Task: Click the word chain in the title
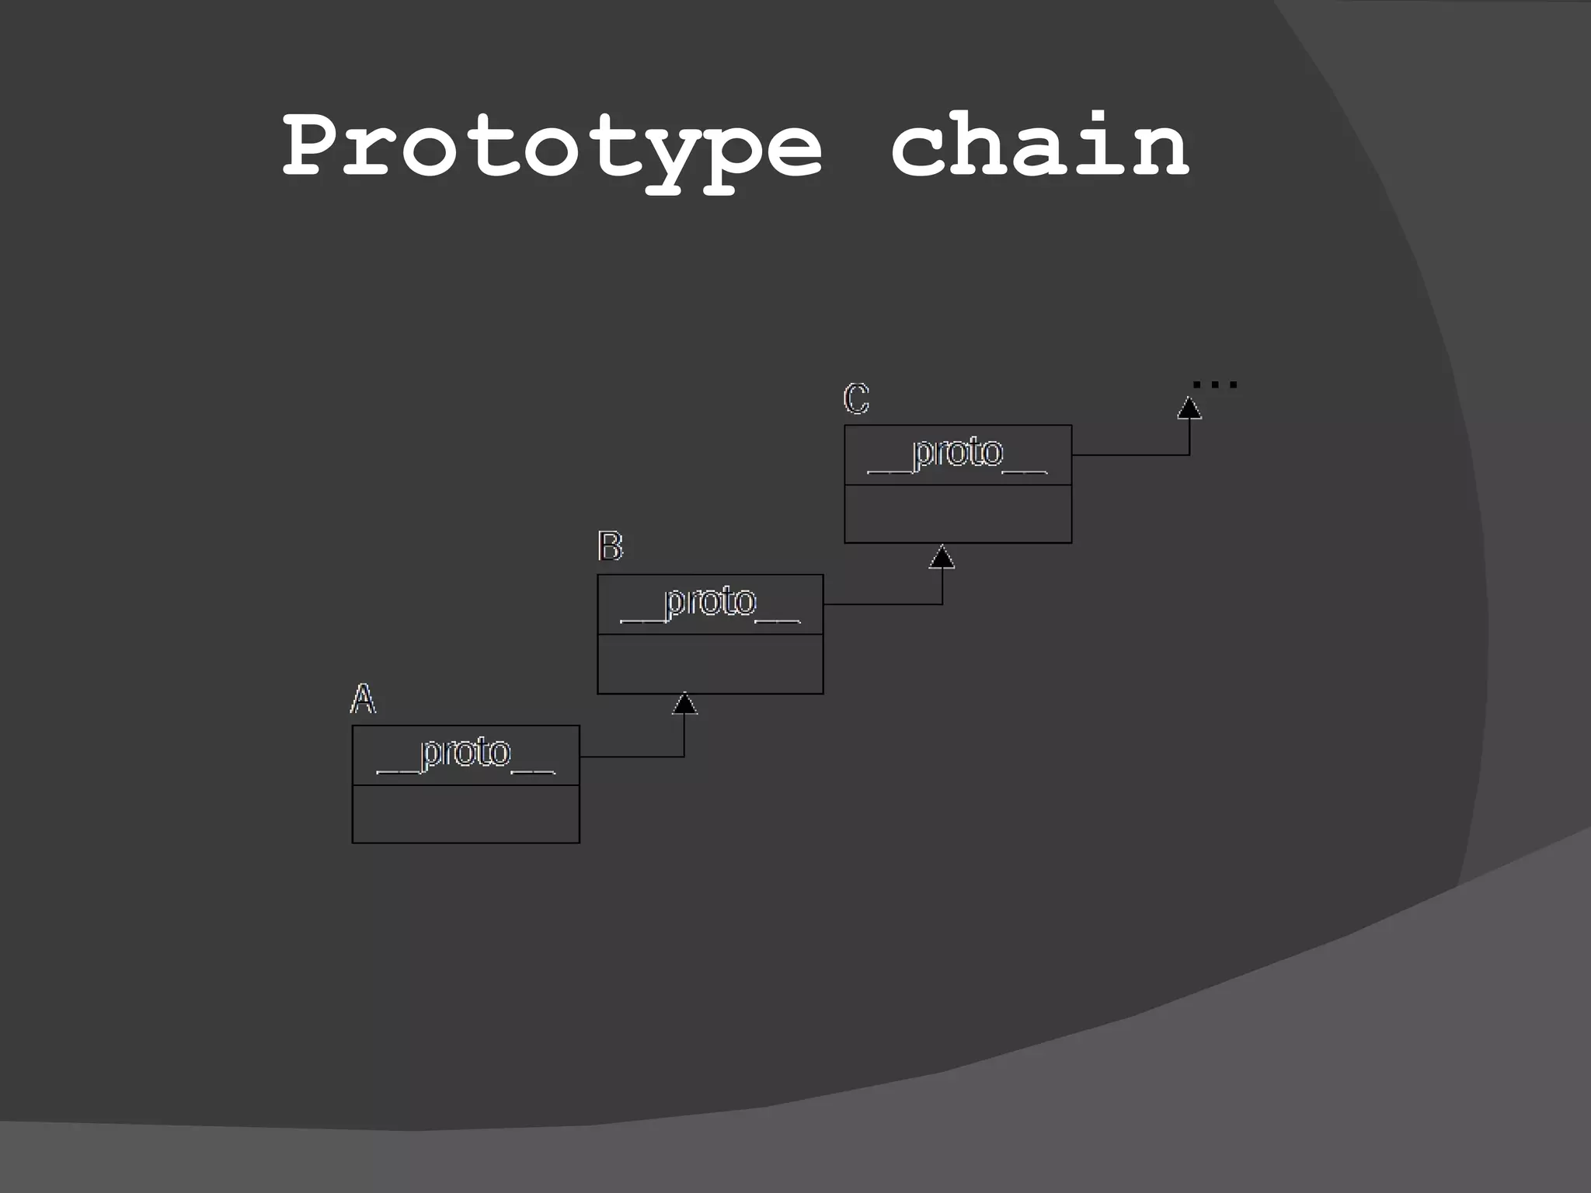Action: [1039, 144]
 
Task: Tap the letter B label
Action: [610, 547]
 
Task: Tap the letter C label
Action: [856, 399]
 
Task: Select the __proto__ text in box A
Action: [465, 753]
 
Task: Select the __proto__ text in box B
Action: [710, 603]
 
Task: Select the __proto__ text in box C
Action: [957, 454]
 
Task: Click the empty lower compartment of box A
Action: [465, 813]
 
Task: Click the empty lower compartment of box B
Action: [710, 663]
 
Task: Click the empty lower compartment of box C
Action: [957, 513]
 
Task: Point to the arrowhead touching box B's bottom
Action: [684, 704]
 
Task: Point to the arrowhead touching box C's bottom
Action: [942, 556]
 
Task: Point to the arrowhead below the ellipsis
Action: [1189, 408]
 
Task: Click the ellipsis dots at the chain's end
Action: [1214, 384]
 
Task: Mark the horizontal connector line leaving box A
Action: [631, 756]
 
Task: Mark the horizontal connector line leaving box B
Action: [882, 603]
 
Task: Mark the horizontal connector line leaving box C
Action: [1130, 454]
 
